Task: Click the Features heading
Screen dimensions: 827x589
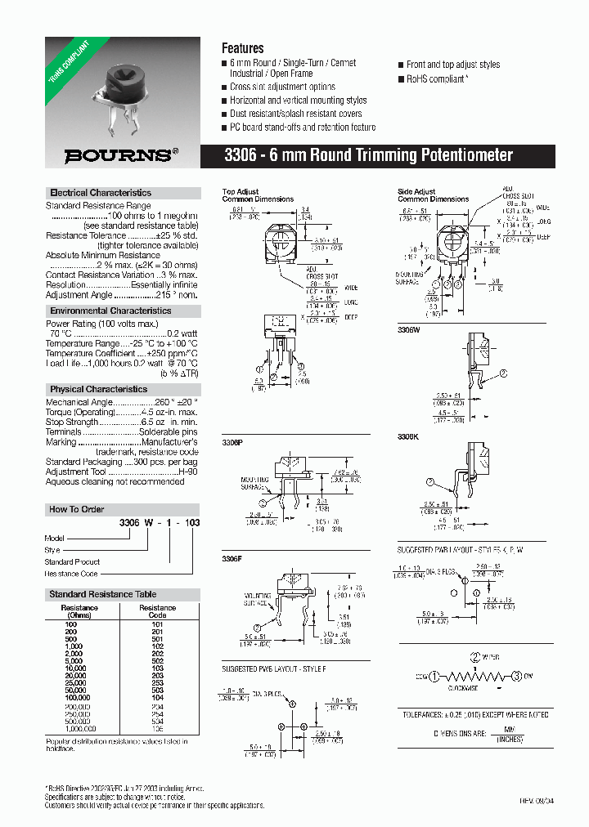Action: click(243, 48)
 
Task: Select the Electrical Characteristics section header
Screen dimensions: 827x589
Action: click(101, 193)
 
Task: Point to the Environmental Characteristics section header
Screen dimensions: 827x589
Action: click(110, 311)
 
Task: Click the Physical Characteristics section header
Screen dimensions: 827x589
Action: click(98, 389)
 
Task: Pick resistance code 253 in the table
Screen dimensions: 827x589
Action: click(157, 682)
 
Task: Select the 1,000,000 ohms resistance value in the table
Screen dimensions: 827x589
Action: click(79, 728)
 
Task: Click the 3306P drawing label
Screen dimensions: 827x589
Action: click(232, 440)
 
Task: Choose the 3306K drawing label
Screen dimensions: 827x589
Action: click(408, 438)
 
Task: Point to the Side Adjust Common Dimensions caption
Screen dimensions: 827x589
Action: click(433, 195)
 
